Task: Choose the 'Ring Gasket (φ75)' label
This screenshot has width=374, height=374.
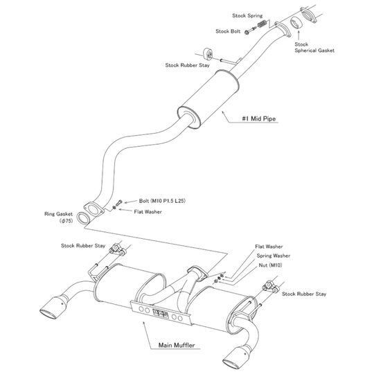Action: (x=60, y=218)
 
